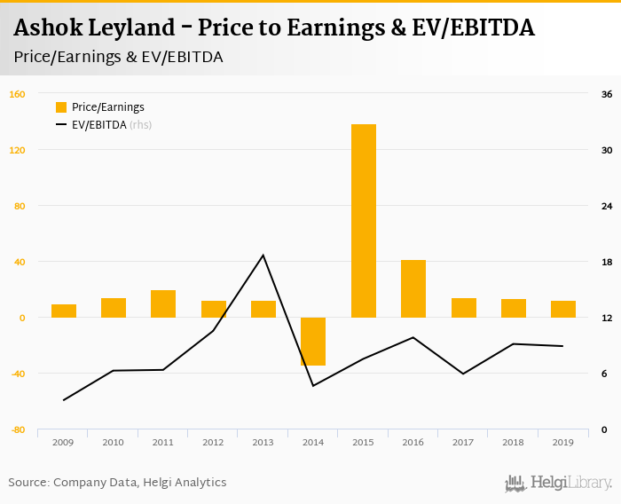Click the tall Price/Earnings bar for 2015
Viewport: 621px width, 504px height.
(364, 221)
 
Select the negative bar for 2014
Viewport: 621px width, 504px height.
(313, 342)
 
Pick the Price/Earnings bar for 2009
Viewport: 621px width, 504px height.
(64, 311)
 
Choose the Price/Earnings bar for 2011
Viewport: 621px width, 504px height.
(163, 303)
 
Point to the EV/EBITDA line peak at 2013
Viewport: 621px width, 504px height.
(263, 256)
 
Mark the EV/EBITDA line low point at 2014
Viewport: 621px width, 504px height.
(313, 385)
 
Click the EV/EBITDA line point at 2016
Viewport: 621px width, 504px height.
(413, 337)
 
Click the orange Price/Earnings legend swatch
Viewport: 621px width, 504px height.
(61, 107)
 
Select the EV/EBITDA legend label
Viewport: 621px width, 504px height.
(99, 125)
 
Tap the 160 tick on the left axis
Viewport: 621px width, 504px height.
(18, 94)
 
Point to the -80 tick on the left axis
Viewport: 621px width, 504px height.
(18, 429)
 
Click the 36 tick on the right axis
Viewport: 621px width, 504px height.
(608, 94)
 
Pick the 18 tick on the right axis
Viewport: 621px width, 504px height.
(608, 262)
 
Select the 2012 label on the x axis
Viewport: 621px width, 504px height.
(213, 442)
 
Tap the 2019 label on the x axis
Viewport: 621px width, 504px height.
(562, 442)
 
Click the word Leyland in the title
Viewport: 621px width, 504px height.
(138, 28)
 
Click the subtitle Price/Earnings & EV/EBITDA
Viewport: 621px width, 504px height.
(118, 57)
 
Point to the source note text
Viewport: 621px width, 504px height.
(117, 483)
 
